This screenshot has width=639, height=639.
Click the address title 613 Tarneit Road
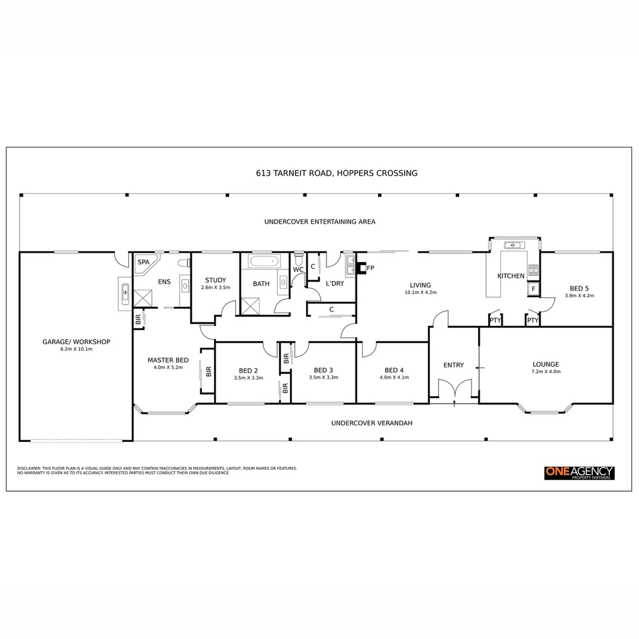337,173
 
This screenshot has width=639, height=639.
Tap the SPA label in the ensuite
143,262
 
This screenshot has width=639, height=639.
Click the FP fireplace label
371,268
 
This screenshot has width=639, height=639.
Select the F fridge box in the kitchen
533,289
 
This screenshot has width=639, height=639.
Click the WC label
298,270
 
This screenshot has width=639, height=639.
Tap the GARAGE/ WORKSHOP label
76,341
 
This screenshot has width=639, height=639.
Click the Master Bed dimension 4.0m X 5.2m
168,367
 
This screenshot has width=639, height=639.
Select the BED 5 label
579,288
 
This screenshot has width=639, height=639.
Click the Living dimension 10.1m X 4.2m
420,292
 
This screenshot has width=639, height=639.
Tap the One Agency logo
579,473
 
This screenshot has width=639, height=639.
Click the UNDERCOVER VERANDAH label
372,423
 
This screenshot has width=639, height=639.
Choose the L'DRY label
335,283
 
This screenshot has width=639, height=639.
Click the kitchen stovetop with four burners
533,270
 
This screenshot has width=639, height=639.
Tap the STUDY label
215,280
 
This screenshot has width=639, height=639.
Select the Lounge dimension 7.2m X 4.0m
546,372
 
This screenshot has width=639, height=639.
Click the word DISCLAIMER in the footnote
29,468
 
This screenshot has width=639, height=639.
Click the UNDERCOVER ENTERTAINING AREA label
319,222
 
